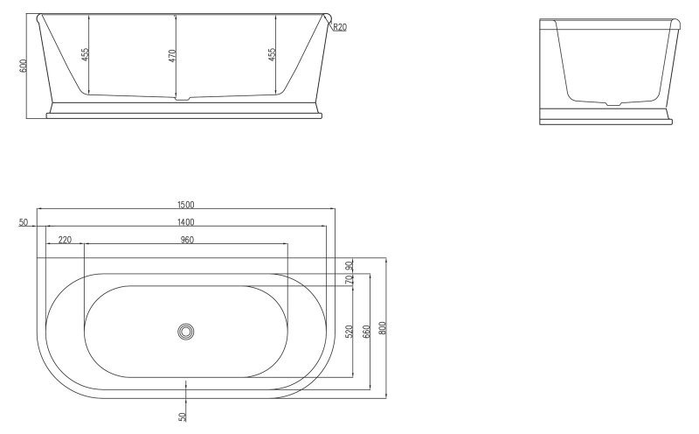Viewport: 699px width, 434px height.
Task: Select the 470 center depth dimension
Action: pos(172,54)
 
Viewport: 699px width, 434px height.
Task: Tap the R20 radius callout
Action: pos(340,27)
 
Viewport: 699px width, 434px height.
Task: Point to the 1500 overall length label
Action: pos(185,204)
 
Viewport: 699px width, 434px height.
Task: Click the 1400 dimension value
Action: pos(185,222)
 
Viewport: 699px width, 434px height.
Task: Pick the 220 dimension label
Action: pos(65,239)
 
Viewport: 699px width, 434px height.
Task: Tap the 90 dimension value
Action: pos(349,266)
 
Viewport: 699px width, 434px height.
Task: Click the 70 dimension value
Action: pos(349,281)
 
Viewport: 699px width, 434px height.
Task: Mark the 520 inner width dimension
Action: pos(349,332)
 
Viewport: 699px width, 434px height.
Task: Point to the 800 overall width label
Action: pos(383,327)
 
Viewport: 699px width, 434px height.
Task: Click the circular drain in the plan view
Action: pos(185,332)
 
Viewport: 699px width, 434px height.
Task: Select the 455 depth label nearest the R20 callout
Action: pos(272,54)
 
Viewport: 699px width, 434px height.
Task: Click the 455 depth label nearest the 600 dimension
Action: pos(85,54)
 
